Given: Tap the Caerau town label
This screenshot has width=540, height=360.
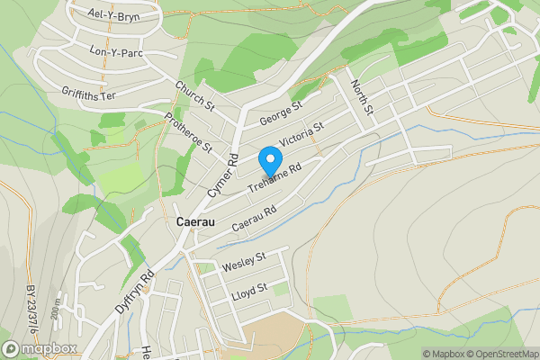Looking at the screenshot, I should [x=194, y=221].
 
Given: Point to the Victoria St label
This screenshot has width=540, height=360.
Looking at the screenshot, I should [x=301, y=137].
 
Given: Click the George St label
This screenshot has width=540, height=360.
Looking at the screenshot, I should [x=280, y=112].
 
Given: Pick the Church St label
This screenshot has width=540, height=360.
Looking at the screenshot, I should [x=193, y=97].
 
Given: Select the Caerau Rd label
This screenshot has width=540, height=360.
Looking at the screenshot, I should [x=253, y=219].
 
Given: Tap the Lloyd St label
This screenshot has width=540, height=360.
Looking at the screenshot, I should [x=250, y=289].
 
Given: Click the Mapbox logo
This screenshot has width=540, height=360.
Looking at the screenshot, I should [x=38, y=349].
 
